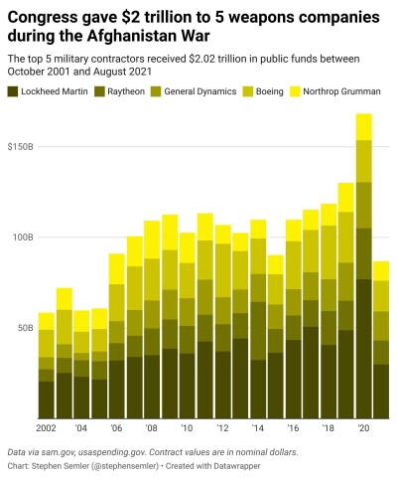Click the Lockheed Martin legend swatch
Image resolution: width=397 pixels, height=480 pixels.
click(13, 91)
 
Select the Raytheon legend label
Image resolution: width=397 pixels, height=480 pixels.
click(126, 91)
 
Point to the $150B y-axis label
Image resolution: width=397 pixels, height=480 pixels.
click(21, 147)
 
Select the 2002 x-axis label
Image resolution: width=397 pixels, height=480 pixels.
click(46, 428)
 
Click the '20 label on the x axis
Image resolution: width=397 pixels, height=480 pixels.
click(363, 428)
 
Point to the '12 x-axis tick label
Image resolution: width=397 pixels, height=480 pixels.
click(222, 428)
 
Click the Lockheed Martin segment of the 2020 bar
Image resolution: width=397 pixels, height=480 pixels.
click(363, 349)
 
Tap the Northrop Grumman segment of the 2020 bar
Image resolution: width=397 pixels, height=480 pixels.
click(363, 127)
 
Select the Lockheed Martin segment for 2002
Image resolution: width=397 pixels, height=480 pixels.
click(47, 400)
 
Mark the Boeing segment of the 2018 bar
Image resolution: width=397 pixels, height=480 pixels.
click(329, 252)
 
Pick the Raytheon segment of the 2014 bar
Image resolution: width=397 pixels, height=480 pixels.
click(258, 331)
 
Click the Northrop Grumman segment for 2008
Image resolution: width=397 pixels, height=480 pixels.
click(152, 240)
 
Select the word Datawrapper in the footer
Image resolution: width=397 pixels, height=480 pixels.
click(236, 466)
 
